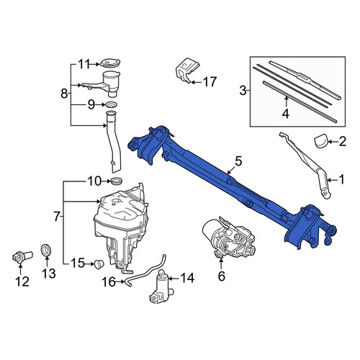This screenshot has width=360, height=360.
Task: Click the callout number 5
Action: coord(238,161)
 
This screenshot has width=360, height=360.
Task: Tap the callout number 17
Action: coord(210,82)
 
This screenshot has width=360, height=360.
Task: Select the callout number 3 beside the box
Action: coord(243,91)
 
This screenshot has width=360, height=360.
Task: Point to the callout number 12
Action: coord(22,282)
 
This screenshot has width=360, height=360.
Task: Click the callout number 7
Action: coord(57,217)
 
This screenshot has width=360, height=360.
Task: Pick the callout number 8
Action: coord(64,93)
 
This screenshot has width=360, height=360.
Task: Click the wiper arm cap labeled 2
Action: coord(321,142)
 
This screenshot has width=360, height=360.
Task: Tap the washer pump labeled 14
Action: coord(160,287)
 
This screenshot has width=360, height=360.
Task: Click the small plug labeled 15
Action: coord(99,264)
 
